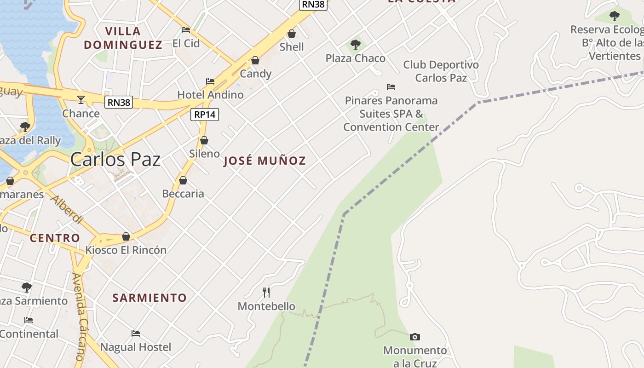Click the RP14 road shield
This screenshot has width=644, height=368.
[x=205, y=115]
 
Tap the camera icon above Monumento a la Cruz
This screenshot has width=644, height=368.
[x=414, y=337]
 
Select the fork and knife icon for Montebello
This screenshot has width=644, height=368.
[x=266, y=292]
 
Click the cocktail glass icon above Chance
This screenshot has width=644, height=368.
[x=81, y=99]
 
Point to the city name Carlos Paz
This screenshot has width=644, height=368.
[x=115, y=160]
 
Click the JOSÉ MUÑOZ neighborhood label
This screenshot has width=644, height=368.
[x=264, y=161]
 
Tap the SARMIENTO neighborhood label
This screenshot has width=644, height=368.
[x=149, y=298]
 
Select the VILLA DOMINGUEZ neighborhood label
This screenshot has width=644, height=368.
[x=123, y=38]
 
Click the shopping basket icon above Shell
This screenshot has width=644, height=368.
[x=292, y=34]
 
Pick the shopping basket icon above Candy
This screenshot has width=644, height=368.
[x=255, y=61]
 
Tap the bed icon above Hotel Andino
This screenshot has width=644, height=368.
[x=210, y=81]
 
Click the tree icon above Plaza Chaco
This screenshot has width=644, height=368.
[x=355, y=45]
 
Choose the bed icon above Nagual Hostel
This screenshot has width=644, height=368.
[x=135, y=333]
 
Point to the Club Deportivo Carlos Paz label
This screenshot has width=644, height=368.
[x=441, y=71]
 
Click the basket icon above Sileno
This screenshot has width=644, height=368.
[x=204, y=140]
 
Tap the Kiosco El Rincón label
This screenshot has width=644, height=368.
[x=126, y=250]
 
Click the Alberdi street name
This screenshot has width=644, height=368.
[x=67, y=209]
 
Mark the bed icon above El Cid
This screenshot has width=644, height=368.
[x=186, y=30]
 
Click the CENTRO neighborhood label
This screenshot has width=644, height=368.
[x=55, y=238]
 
